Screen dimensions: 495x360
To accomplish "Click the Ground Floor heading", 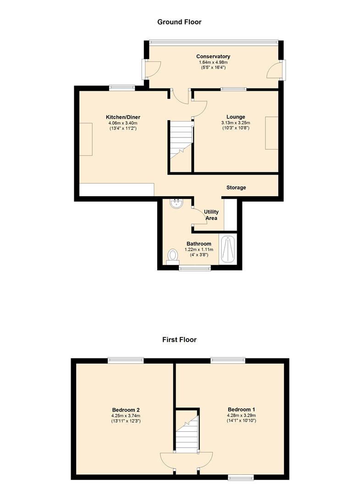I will [x=179, y=22].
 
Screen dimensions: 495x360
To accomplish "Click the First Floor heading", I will [x=179, y=340].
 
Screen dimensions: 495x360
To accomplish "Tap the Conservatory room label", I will [x=213, y=56].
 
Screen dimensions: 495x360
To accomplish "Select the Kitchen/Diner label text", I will [x=123, y=117].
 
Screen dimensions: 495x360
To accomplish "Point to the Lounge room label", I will [x=236, y=117].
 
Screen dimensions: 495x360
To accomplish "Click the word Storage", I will [x=236, y=187].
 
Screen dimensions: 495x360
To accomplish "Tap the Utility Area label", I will [x=211, y=215].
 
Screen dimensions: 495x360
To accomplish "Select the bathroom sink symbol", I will [x=176, y=203].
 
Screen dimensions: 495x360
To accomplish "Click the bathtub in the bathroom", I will [x=228, y=250].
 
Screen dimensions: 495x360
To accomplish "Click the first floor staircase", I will [x=187, y=431].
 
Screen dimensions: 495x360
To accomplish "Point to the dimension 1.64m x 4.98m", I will [x=213, y=62].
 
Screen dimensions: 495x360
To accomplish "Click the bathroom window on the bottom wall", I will [x=194, y=268].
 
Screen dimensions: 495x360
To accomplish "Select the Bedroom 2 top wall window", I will [x=126, y=360].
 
